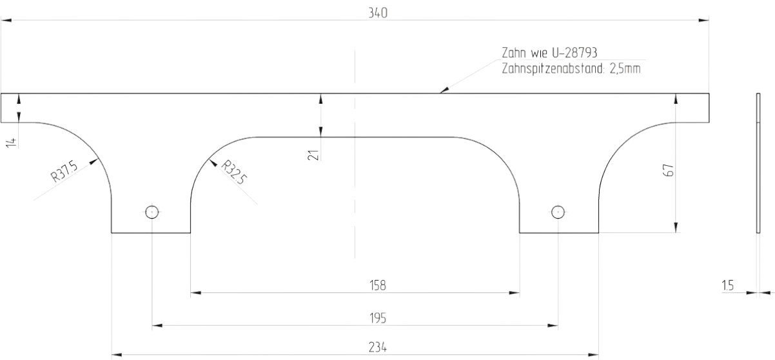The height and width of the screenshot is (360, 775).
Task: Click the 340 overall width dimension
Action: coord(377,13)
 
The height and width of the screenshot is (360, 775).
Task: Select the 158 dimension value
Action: coord(377,285)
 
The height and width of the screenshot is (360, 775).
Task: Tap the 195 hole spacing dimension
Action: coord(377,318)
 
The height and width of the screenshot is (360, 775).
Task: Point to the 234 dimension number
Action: coord(377,347)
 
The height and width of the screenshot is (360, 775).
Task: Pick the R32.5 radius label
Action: coord(234,172)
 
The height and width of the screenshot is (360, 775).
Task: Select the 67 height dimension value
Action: coord(669,170)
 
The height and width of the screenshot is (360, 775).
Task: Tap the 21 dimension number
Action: coord(313,155)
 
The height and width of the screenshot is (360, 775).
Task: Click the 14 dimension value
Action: coord(12,143)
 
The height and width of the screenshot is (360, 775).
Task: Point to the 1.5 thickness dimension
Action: coord(727,286)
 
